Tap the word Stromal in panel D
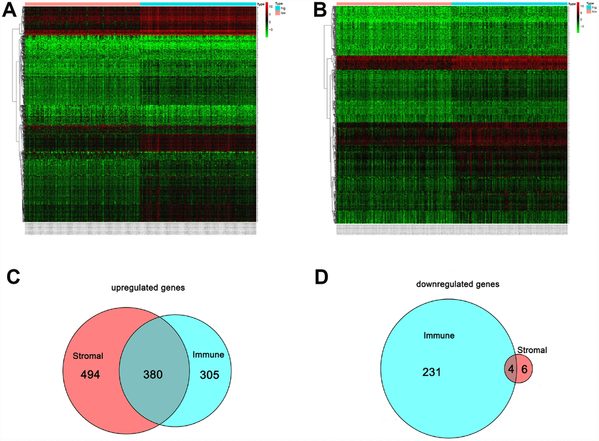click(533, 350)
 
